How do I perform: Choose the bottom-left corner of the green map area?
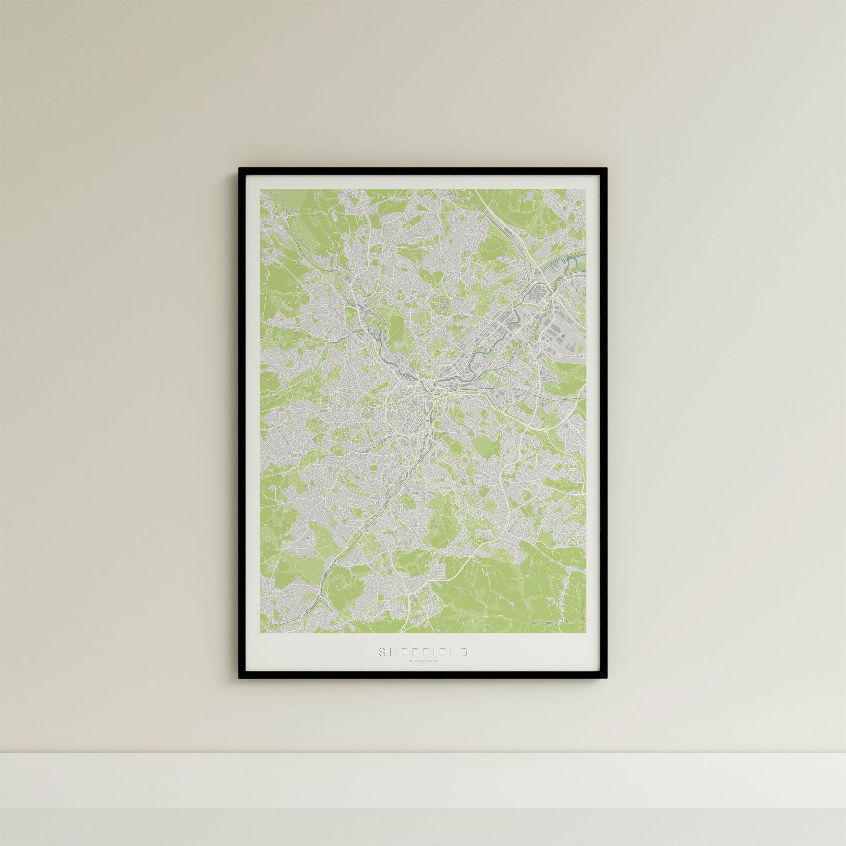pos(261,632)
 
